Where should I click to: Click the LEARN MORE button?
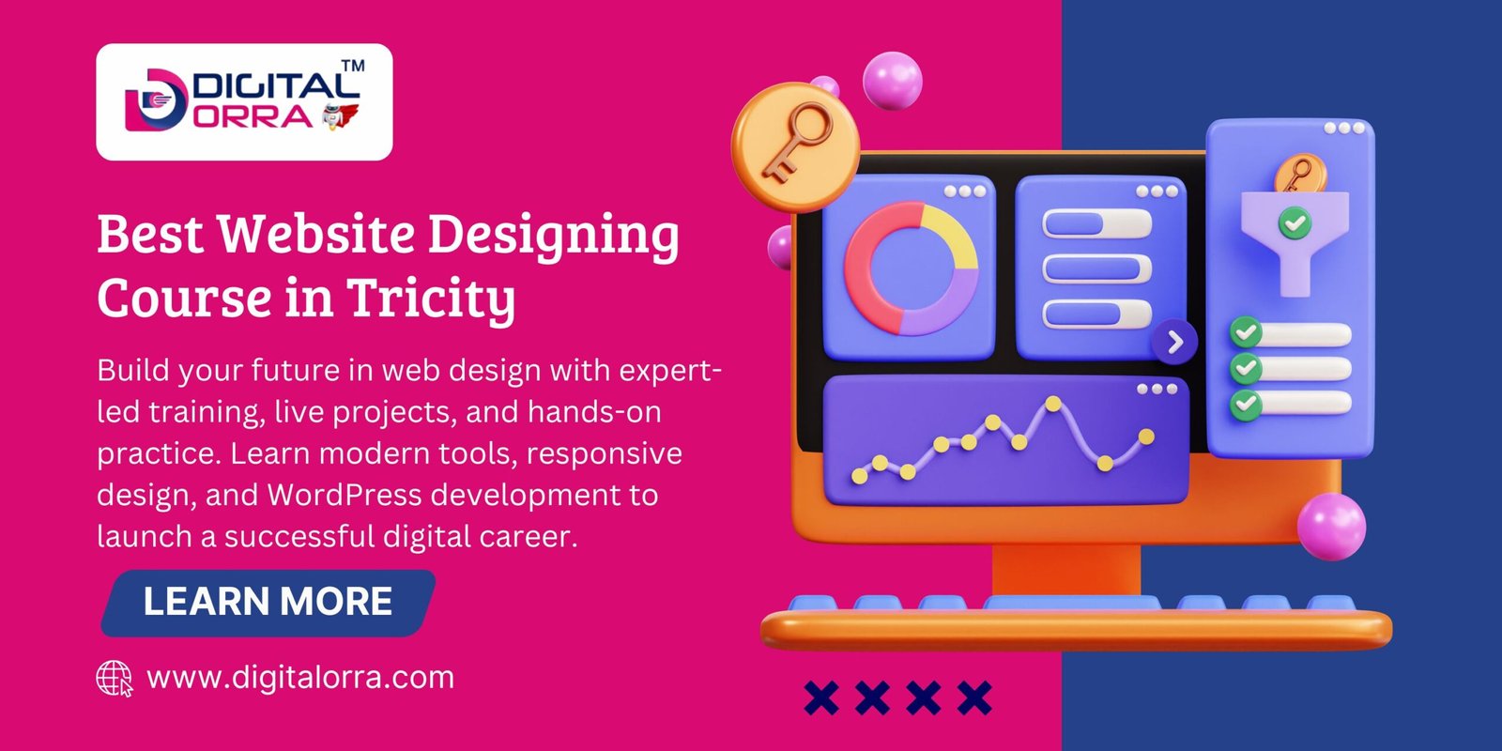pos(268,603)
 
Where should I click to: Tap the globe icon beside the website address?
pos(115,678)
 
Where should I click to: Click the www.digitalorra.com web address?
pos(300,678)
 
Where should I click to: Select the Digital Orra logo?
pos(244,101)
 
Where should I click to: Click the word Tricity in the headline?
pos(432,299)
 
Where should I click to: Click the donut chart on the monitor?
pos(911,268)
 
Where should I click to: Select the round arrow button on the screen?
pos(1174,343)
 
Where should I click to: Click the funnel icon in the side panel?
pos(1295,239)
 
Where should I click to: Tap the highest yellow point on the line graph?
pos(1053,404)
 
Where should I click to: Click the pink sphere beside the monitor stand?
pos(1331,526)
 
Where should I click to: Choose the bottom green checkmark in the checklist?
pos(1246,404)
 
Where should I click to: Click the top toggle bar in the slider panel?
pos(1096,223)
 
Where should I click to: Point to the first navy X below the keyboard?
pos(821,697)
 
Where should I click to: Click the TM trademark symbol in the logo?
pos(352,67)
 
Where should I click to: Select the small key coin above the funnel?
pos(1296,175)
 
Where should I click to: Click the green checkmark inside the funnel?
pos(1295,223)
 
